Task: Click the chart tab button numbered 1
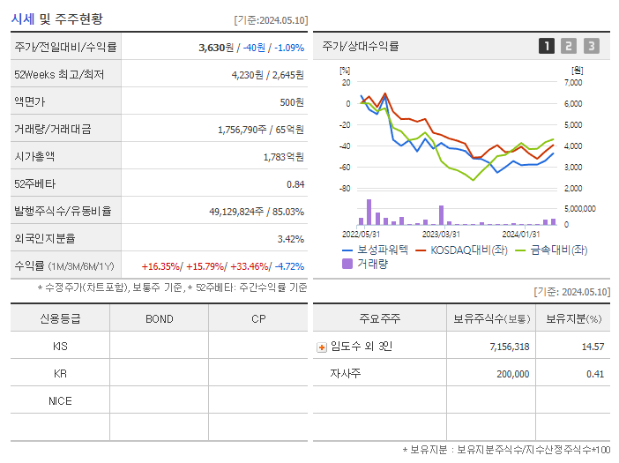click(x=547, y=46)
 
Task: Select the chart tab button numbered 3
click(x=591, y=46)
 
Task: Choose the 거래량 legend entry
click(x=369, y=263)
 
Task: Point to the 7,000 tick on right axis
click(x=572, y=82)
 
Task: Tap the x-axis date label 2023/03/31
click(x=441, y=234)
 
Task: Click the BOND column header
click(x=159, y=318)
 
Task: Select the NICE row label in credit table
click(x=60, y=400)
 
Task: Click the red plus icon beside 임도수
click(x=322, y=347)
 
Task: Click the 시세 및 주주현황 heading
click(x=56, y=19)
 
